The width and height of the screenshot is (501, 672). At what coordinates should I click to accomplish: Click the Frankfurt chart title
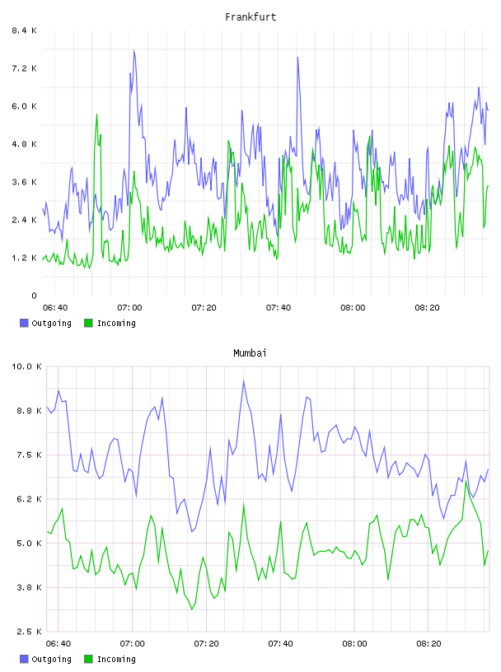coord(250,17)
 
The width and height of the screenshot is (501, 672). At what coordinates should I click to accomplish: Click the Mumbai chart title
coord(250,353)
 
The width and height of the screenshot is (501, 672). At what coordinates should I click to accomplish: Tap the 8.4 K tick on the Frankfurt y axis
coord(24,30)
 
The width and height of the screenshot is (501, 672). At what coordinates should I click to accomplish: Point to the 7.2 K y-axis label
coord(24,68)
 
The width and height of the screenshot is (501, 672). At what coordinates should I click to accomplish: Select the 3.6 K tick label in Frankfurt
coord(24,182)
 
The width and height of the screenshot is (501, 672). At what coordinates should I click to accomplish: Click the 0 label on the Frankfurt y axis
coord(34,296)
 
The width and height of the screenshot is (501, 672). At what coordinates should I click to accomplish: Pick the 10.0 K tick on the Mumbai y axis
coord(26,366)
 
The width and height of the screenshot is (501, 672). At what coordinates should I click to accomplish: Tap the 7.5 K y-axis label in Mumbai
coord(29,455)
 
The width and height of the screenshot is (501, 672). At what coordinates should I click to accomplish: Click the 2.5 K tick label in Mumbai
coord(29,632)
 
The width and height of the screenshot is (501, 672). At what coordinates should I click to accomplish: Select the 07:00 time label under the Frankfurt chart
coord(129,307)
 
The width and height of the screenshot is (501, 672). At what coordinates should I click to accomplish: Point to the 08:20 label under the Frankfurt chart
coord(427,307)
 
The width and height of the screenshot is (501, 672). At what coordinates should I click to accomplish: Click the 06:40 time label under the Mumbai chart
coord(58,643)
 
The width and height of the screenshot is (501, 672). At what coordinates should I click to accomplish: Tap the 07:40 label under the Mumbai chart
coord(280,643)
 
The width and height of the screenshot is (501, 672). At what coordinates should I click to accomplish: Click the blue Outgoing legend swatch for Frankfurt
coord(24,323)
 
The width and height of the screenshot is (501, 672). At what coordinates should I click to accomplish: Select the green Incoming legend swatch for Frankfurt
coord(88,323)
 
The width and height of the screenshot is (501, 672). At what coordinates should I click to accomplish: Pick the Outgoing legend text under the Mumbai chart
coord(51,659)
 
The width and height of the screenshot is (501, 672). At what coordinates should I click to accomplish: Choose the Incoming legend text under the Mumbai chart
coord(116,659)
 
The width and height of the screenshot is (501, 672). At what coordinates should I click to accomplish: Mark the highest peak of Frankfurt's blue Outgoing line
coord(133,50)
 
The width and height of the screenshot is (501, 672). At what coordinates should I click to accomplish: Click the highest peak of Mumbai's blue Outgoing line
coord(244,380)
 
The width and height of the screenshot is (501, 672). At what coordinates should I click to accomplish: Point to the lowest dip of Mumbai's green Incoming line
coord(192,609)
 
